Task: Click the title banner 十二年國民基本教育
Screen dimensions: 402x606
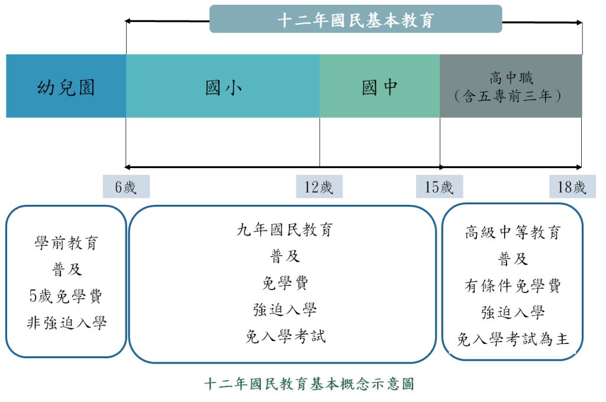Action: click(x=356, y=20)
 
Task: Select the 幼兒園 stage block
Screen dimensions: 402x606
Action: click(x=66, y=86)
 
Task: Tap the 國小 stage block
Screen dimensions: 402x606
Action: click(x=223, y=86)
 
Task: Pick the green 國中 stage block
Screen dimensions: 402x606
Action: click(x=379, y=86)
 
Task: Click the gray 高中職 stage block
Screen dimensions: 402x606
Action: click(x=511, y=86)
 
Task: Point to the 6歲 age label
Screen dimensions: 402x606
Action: click(x=125, y=187)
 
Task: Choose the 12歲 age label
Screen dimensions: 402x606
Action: click(x=319, y=187)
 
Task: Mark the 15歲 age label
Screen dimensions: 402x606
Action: click(x=439, y=187)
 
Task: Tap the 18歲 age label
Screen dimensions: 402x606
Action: click(x=572, y=187)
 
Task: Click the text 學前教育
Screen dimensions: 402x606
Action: click(x=66, y=243)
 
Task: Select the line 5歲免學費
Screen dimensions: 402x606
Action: click(x=66, y=296)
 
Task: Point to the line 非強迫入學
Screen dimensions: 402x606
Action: click(x=66, y=323)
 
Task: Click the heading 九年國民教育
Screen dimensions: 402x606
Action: click(x=285, y=230)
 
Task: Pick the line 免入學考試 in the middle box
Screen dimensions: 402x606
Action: click(x=285, y=336)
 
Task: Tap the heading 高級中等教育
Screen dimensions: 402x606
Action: click(x=512, y=232)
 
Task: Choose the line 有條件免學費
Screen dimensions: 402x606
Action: click(x=512, y=286)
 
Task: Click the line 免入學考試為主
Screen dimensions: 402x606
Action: click(x=512, y=339)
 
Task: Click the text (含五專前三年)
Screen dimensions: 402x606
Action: click(x=511, y=96)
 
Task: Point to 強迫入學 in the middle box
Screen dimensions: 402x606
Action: click(x=285, y=310)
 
